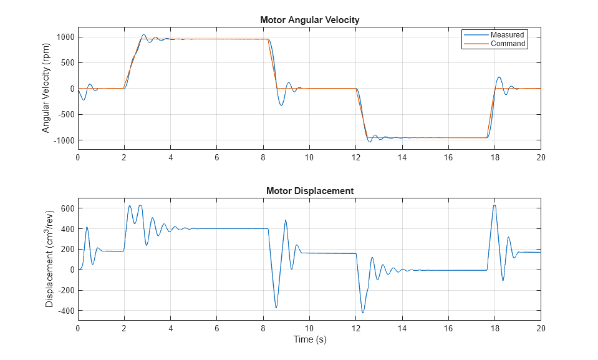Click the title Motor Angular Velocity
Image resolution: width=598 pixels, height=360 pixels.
(x=309, y=20)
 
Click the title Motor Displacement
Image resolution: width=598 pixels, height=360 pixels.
(x=309, y=191)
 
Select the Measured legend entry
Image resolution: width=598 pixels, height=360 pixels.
(x=507, y=35)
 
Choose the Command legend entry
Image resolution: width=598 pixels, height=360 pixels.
(x=508, y=44)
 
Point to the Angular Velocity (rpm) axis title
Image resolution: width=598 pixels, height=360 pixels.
(x=46, y=89)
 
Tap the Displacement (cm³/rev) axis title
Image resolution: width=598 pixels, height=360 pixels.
(x=50, y=258)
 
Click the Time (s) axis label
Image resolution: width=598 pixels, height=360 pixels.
(x=309, y=340)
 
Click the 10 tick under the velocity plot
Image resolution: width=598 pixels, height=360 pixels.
(x=309, y=157)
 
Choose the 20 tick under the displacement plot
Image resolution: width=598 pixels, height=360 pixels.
(x=541, y=328)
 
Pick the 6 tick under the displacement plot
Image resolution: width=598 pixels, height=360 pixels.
(x=217, y=328)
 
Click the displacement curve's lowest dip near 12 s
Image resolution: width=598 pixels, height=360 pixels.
(x=363, y=313)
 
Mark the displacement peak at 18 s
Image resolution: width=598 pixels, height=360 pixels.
(x=494, y=205)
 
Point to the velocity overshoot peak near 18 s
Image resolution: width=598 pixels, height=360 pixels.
(x=499, y=77)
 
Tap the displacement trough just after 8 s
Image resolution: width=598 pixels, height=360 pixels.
(x=276, y=308)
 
